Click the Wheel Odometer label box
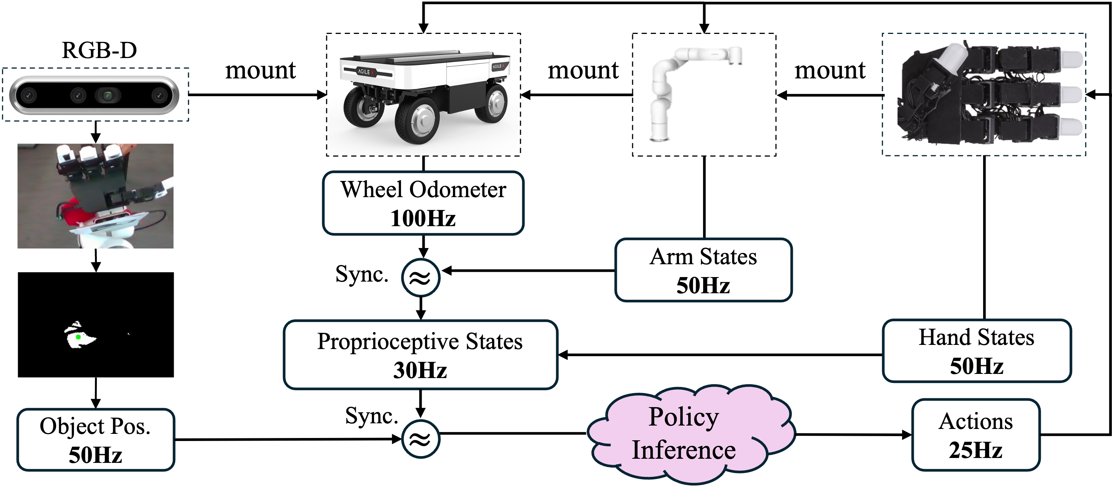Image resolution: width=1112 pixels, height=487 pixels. click(x=423, y=203)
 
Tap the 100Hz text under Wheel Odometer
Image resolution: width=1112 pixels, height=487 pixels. click(x=423, y=218)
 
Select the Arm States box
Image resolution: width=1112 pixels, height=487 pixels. click(x=703, y=270)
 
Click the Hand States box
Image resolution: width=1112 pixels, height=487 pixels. click(x=976, y=351)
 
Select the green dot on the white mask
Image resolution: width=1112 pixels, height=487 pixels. click(x=78, y=337)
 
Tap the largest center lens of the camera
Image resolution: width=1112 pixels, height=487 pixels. click(x=107, y=95)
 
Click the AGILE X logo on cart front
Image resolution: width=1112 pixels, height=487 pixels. click(x=366, y=72)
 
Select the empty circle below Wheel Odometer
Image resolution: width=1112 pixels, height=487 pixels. click(x=421, y=277)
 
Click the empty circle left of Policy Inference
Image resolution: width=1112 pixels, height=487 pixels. click(x=421, y=439)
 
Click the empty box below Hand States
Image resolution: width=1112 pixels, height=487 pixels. click(x=976, y=435)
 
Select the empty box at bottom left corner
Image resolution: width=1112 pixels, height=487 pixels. click(x=95, y=439)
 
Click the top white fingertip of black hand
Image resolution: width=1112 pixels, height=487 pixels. click(x=1072, y=59)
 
